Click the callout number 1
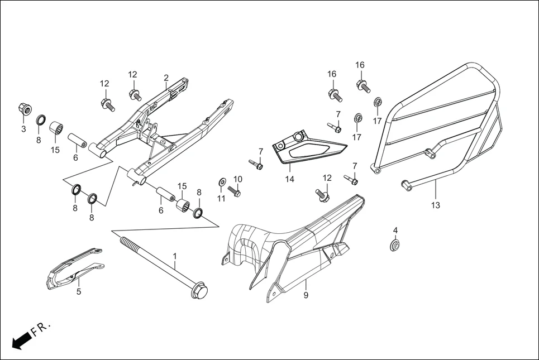tap(175, 256)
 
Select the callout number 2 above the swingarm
tap(166, 78)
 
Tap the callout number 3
tap(23, 129)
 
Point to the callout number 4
tap(395, 230)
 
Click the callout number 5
tap(79, 291)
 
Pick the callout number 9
tap(306, 295)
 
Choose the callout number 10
tap(238, 179)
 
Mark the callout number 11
tap(221, 198)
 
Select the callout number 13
tap(435, 205)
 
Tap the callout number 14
tap(289, 179)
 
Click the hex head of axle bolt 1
tap(198, 291)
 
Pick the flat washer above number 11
tap(222, 181)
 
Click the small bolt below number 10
tap(235, 191)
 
